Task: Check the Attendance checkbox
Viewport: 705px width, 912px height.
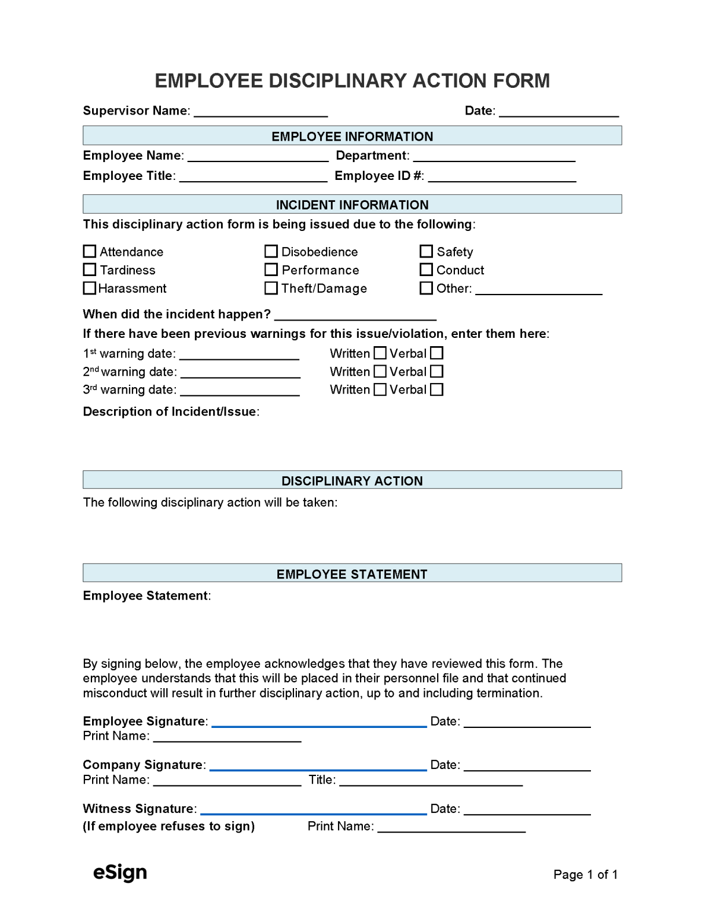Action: pyautogui.click(x=90, y=252)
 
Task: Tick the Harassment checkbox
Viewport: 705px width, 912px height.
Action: pyautogui.click(x=90, y=288)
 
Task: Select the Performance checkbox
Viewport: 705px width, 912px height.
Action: pyautogui.click(x=271, y=270)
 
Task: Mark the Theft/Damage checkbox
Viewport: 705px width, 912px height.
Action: pyautogui.click(x=271, y=288)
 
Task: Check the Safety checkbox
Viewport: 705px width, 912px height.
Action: pyautogui.click(x=426, y=252)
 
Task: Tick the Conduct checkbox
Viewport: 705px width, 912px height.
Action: pyautogui.click(x=426, y=270)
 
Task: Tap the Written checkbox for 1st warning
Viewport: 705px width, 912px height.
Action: pyautogui.click(x=380, y=353)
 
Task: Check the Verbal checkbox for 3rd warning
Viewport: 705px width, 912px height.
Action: pyautogui.click(x=437, y=389)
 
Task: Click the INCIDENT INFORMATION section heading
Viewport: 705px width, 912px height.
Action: pyautogui.click(x=352, y=205)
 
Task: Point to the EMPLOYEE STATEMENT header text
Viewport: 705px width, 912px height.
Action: pyautogui.click(x=352, y=574)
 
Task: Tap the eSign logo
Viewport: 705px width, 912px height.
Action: pyautogui.click(x=120, y=872)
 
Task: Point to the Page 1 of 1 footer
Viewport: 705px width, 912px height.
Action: pyautogui.click(x=585, y=875)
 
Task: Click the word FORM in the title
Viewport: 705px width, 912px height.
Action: pyautogui.click(x=517, y=81)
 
